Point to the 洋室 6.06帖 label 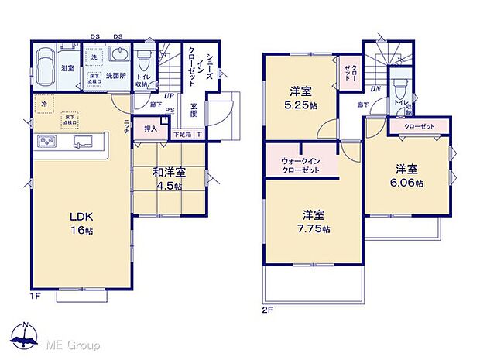(x=408, y=176)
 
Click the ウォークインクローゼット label (x=298, y=163)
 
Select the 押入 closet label (x=151, y=129)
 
